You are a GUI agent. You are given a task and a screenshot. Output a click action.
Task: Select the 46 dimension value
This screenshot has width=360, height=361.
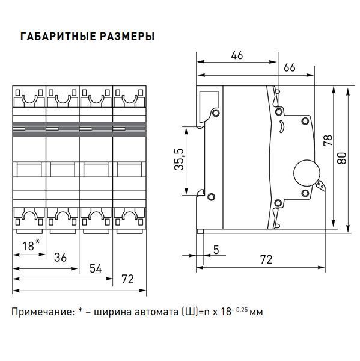pyautogui.click(x=237, y=55)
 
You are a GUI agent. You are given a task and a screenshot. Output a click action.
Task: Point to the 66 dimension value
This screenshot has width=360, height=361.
pyautogui.click(x=289, y=67)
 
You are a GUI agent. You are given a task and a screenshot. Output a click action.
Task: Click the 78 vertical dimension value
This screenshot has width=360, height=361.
pyautogui.click(x=328, y=140)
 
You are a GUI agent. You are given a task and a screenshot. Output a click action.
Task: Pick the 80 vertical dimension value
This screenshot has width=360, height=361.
pyautogui.click(x=341, y=158)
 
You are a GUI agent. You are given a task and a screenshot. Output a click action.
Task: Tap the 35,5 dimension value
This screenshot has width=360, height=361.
pyautogui.click(x=179, y=159)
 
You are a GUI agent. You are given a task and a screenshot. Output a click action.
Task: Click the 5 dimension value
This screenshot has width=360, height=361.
pyautogui.click(x=216, y=250)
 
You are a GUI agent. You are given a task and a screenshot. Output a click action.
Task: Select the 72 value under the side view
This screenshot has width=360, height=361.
pyautogui.click(x=266, y=259)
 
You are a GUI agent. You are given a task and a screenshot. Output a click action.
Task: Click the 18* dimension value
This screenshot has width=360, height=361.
pyautogui.click(x=31, y=245)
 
